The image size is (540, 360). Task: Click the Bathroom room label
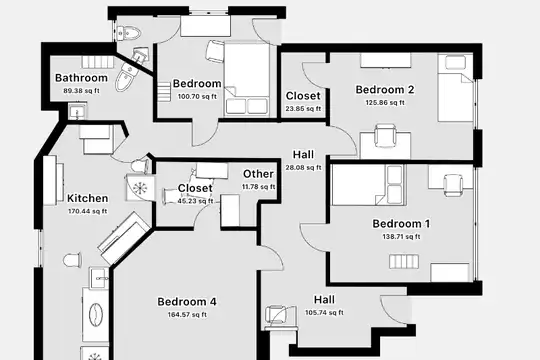click(x=81, y=78)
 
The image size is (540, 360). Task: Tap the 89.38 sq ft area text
click(x=81, y=91)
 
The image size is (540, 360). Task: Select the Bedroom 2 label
click(x=385, y=90)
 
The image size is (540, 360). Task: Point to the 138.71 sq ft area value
click(x=401, y=237)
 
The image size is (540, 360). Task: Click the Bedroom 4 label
click(x=187, y=302)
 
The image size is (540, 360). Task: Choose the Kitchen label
click(x=87, y=198)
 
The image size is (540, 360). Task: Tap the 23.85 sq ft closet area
click(x=303, y=109)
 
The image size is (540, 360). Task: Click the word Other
click(x=258, y=174)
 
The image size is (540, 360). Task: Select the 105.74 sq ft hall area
click(x=324, y=313)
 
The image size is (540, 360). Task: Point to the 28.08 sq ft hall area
click(x=303, y=168)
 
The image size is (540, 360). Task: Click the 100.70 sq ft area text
click(x=197, y=97)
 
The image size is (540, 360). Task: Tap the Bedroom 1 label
click(x=401, y=224)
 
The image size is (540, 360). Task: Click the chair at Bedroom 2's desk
click(x=385, y=135)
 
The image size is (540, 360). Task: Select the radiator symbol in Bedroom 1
click(x=404, y=261)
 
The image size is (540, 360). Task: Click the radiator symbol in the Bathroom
click(x=98, y=61)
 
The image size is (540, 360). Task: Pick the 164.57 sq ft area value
click(x=187, y=315)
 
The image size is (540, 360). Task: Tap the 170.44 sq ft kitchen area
click(x=87, y=211)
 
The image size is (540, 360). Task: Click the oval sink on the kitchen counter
click(x=96, y=314)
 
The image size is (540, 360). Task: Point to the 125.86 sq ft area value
click(x=385, y=103)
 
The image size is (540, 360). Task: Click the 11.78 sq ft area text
click(x=258, y=187)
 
